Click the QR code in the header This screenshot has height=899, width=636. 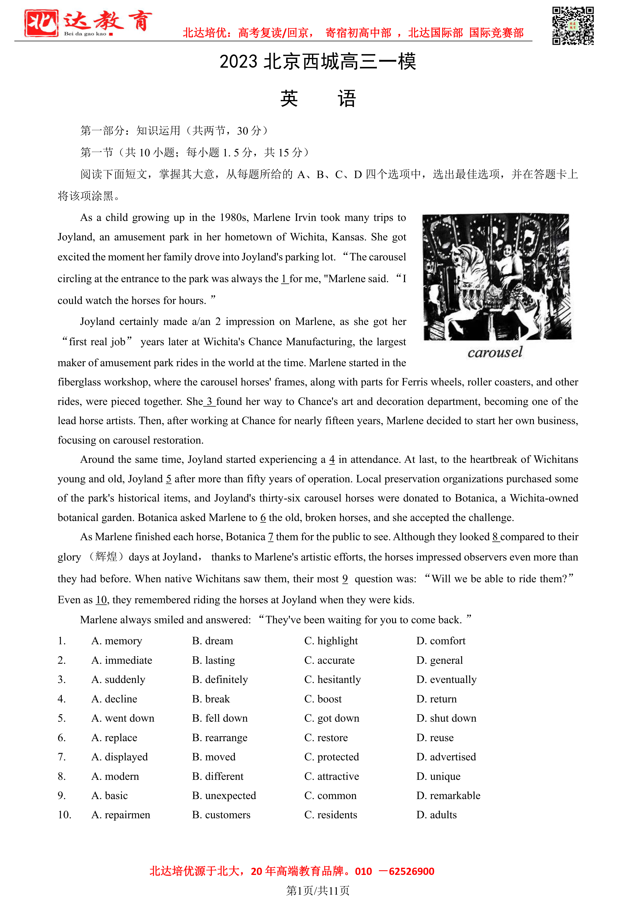573,26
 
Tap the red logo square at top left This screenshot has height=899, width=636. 41,24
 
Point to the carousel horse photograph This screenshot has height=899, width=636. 496,277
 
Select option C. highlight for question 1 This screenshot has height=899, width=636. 331,641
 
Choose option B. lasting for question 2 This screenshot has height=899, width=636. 214,661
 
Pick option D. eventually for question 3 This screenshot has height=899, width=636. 447,680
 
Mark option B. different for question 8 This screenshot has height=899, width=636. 218,777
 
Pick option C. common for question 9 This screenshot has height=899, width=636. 330,796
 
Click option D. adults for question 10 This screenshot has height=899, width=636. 437,815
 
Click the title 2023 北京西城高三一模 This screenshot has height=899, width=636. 318,62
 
